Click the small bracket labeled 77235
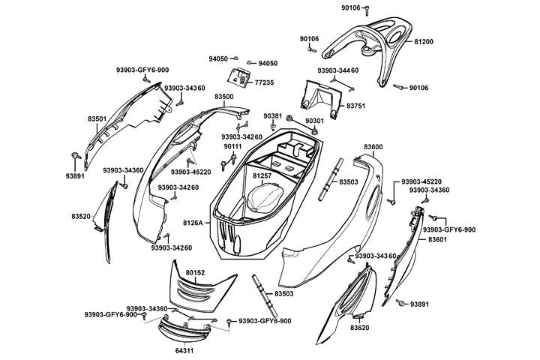(x=241, y=76)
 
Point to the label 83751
(x=355, y=106)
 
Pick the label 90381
(x=273, y=115)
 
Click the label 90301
(x=315, y=120)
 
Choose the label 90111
(x=232, y=145)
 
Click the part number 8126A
(x=193, y=223)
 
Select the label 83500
(x=202, y=97)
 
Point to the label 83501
(x=97, y=119)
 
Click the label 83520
(x=81, y=216)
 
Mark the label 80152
(x=195, y=272)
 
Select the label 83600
(x=373, y=147)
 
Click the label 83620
(x=360, y=328)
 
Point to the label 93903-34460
(x=337, y=70)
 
